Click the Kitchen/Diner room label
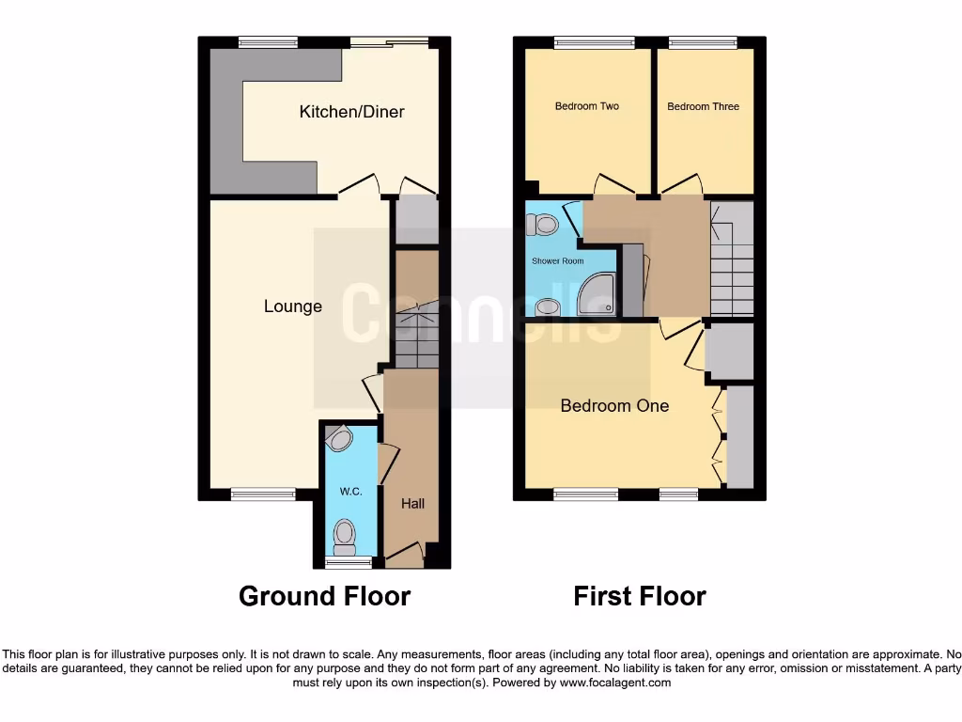[351, 112]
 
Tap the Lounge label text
[292, 306]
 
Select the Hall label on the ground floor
[412, 504]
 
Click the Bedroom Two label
[587, 106]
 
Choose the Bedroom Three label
[703, 106]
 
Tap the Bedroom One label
[614, 405]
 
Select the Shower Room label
[557, 260]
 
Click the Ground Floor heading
[324, 596]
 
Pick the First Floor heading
[640, 596]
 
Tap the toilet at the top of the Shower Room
[543, 224]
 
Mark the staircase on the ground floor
[415, 334]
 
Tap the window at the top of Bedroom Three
[703, 42]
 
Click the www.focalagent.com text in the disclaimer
[614, 683]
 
